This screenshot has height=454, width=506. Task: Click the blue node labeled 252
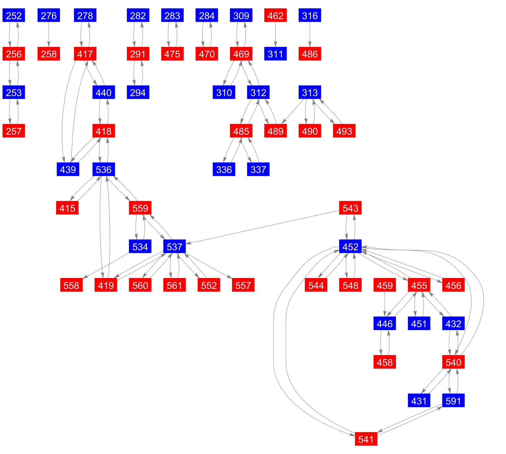click(14, 16)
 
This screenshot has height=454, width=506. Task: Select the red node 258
click(49, 54)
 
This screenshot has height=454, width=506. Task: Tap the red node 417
click(85, 54)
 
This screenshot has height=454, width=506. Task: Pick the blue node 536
click(104, 170)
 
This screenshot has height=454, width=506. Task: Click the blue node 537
click(175, 247)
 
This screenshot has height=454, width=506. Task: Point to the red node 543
click(350, 208)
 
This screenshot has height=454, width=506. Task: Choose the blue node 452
click(350, 247)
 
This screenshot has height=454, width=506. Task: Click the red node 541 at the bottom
click(366, 439)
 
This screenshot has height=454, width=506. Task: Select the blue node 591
click(453, 401)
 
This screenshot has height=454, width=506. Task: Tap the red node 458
click(385, 362)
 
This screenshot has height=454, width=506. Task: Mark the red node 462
click(275, 16)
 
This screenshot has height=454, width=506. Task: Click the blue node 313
click(310, 92)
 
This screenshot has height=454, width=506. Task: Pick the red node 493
click(344, 131)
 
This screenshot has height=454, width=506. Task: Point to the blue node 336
click(224, 170)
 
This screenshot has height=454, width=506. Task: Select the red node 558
click(71, 285)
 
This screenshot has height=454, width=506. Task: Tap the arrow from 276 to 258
click(49, 35)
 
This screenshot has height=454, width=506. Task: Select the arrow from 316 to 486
click(310, 35)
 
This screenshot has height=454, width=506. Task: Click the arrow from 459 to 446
click(385, 304)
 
